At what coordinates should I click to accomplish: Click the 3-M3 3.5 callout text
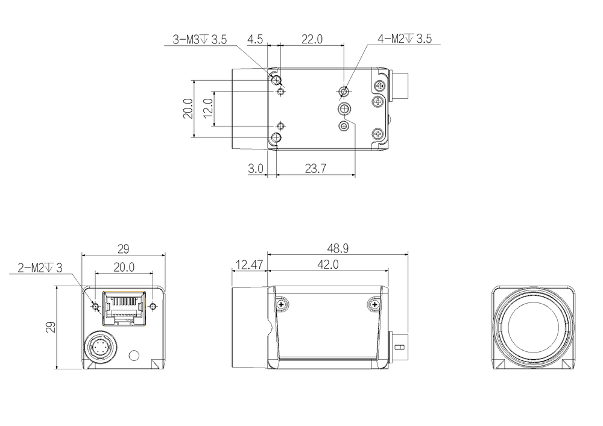tap(200, 39)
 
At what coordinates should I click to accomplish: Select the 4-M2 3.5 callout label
tap(405, 39)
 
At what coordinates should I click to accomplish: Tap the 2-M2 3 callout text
tap(40, 268)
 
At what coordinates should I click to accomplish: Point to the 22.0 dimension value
tap(312, 39)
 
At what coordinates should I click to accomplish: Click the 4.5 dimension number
tap(255, 39)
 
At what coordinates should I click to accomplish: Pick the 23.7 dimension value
tap(316, 168)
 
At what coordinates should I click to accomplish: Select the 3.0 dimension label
tap(256, 168)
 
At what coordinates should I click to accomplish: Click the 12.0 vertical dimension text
tap(207, 108)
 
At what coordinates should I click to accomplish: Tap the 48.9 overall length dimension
tap(338, 248)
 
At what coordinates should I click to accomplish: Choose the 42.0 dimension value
tap(328, 265)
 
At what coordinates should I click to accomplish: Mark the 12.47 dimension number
tap(249, 265)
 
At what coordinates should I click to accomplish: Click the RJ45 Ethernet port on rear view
tap(124, 309)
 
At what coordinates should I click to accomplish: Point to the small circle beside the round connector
tap(134, 356)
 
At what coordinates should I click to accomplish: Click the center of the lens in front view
tap(532, 327)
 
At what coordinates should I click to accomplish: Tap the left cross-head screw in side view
tap(282, 305)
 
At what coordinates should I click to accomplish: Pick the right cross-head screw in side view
tap(373, 305)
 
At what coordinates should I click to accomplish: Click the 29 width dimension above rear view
tap(123, 249)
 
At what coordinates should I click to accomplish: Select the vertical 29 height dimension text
tap(51, 327)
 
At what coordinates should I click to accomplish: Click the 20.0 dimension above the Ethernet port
tap(124, 267)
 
